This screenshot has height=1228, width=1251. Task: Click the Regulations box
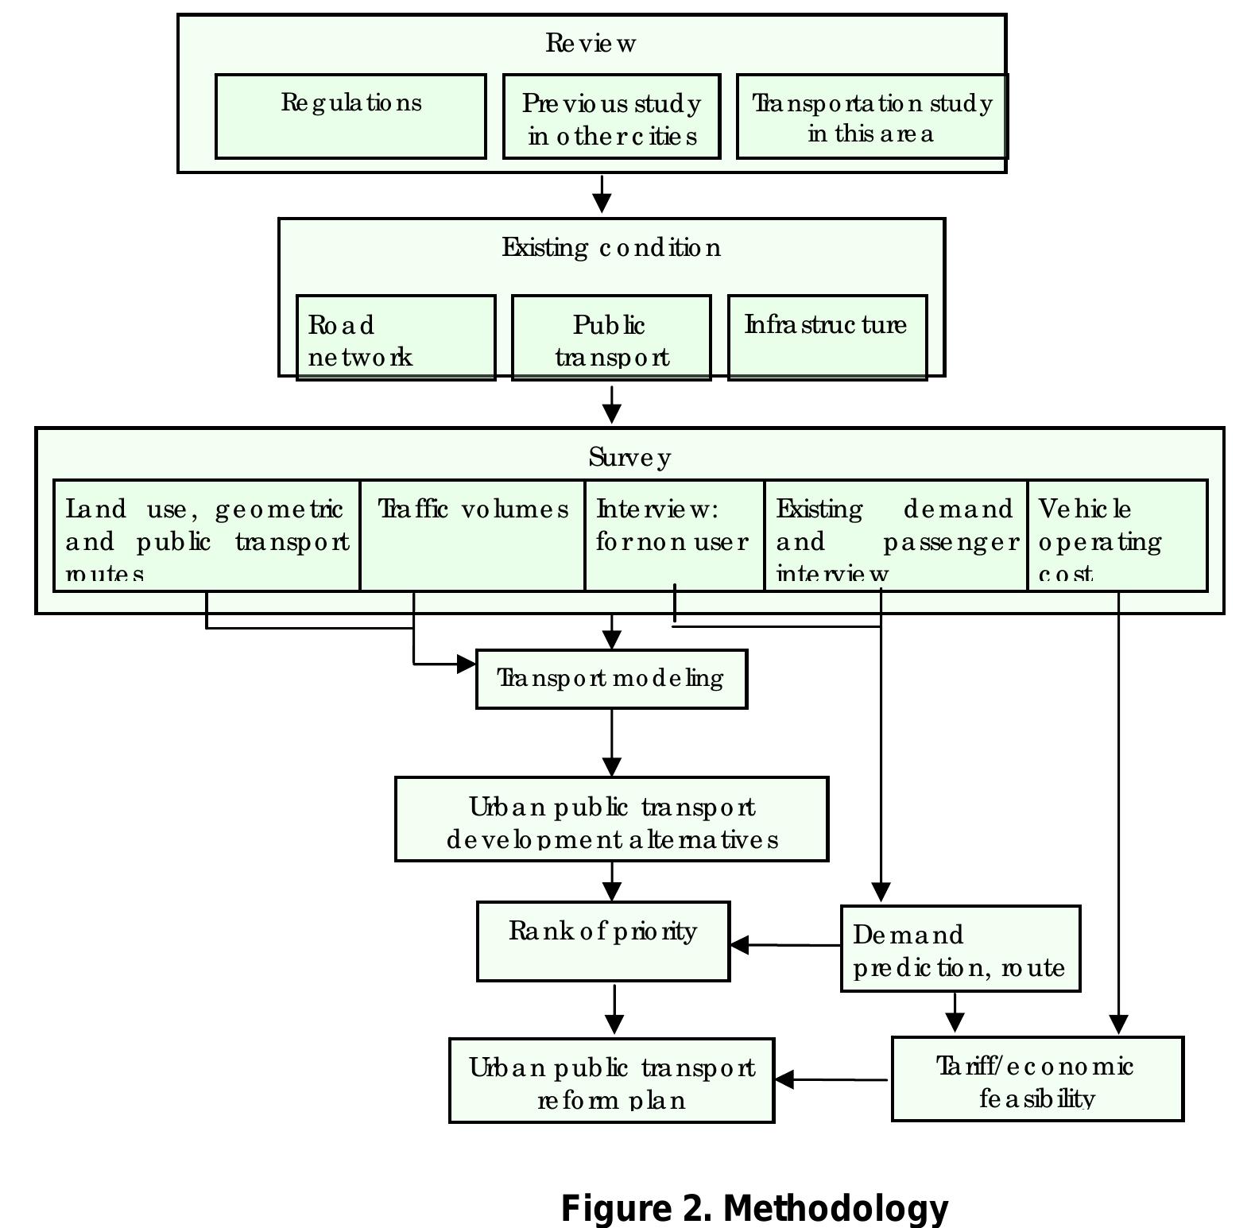coord(351,117)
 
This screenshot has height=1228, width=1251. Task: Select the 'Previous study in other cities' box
coord(611,117)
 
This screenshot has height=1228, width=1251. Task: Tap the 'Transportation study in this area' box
coord(872,117)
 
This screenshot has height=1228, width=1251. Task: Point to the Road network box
coord(396,339)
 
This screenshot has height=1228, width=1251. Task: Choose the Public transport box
coord(611,339)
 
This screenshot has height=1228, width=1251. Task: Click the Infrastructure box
coord(827,339)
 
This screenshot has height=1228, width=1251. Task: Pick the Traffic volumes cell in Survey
coord(472,536)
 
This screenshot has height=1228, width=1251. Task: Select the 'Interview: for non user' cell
coord(674,534)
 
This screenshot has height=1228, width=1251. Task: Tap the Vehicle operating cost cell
coord(1117,536)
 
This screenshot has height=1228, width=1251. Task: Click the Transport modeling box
coord(611,679)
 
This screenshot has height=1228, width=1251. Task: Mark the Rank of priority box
coord(603,941)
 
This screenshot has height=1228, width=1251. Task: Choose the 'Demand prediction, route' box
coord(960,949)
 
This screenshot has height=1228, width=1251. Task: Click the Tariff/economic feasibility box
coord(1037,1079)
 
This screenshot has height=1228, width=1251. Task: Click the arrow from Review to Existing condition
coord(602,195)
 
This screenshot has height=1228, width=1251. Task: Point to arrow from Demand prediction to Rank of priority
coord(784,945)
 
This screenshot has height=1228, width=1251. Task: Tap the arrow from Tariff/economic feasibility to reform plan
coord(831,1079)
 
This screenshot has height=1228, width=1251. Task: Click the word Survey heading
coord(629,458)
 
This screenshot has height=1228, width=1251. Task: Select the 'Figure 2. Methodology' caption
coord(754,1208)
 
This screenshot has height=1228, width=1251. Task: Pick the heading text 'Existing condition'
coord(611,248)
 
